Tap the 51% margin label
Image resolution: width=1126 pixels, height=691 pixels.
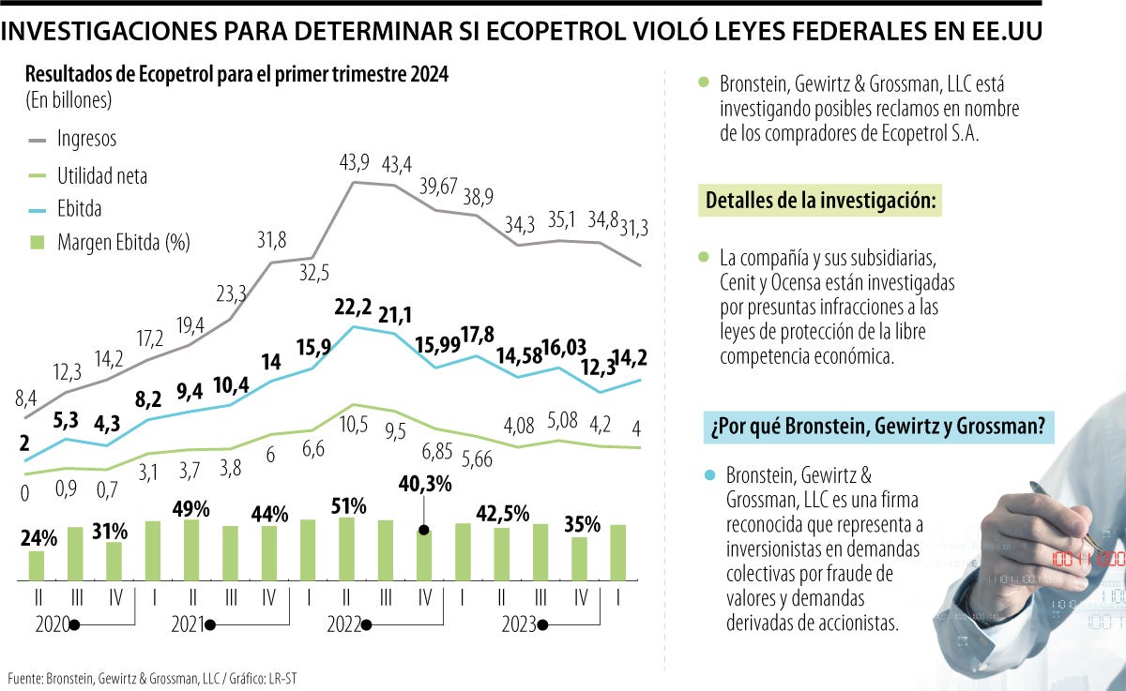(348, 506)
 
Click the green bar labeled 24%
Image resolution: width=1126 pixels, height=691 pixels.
(37, 564)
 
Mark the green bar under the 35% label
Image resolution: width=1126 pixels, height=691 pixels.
(580, 558)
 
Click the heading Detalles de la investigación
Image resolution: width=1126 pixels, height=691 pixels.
(819, 202)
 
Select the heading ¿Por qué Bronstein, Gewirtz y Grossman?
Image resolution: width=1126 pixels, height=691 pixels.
(876, 428)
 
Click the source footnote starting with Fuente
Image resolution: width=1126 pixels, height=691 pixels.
(155, 677)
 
